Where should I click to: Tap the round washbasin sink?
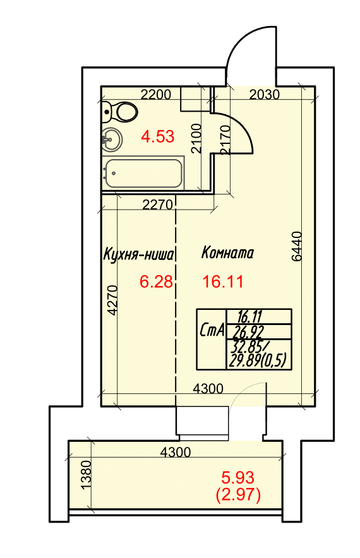112,139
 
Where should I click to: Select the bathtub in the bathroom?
143,174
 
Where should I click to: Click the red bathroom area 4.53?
157,136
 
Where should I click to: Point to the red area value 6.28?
156,282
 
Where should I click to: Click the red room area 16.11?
223,282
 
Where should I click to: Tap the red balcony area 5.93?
238,478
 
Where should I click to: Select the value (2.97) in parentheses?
238,495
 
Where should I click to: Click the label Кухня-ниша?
138,254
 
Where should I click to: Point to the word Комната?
227,252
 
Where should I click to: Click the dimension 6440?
296,247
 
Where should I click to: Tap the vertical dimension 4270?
112,300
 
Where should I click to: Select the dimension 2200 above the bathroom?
156,95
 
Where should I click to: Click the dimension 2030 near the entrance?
264,95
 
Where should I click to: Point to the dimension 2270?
157,205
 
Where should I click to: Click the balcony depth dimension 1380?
86,475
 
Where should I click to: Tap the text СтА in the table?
212,330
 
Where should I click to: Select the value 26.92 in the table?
248,332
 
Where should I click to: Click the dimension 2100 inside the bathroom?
196,138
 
